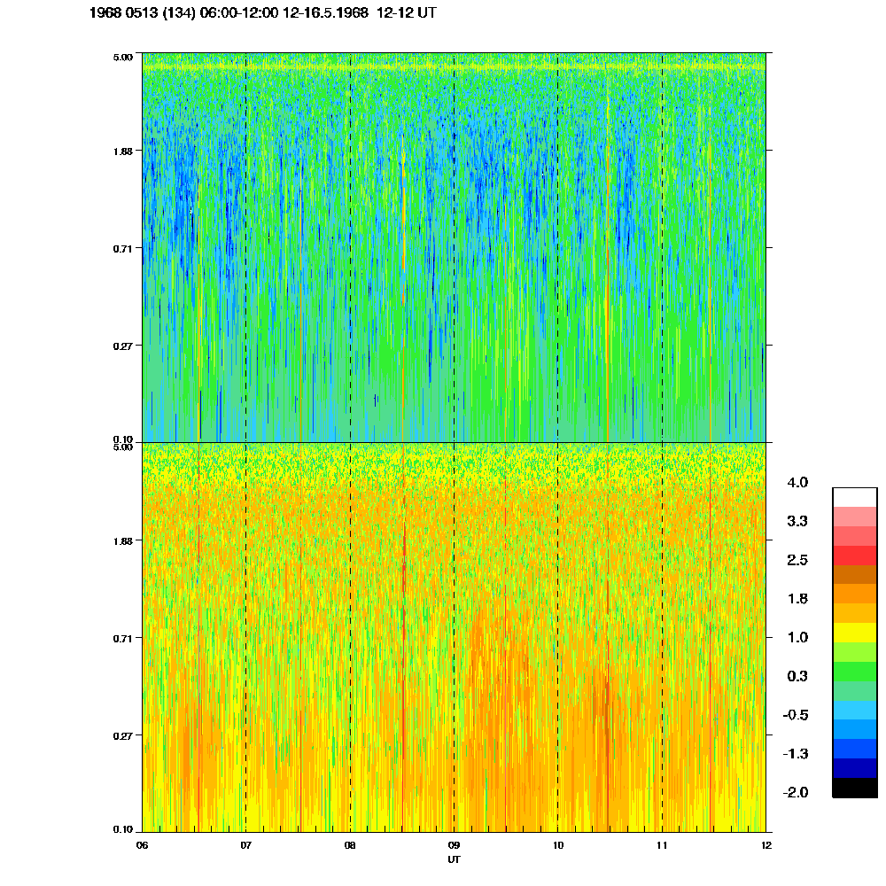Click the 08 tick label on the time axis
(350, 845)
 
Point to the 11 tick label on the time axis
(662, 845)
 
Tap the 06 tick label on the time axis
(142, 845)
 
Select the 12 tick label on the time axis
(766, 845)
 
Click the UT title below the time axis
(454, 859)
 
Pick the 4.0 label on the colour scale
(797, 483)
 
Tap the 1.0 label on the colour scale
(797, 637)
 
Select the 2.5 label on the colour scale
(797, 560)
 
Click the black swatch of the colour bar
(855, 788)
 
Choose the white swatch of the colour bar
(855, 497)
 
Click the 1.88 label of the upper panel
(121, 151)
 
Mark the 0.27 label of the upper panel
(121, 345)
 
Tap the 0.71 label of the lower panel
(121, 638)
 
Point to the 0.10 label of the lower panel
(121, 830)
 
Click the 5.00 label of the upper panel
(121, 56)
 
